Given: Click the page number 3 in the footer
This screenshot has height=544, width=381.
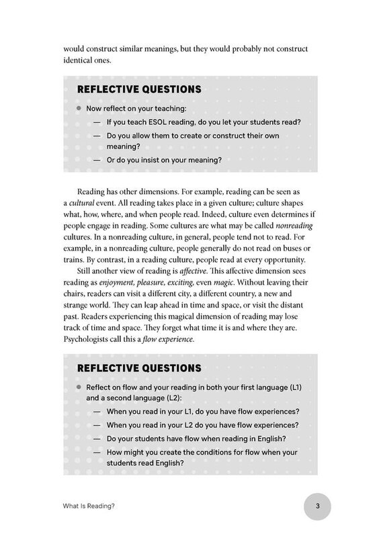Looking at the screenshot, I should pyautogui.click(x=321, y=506).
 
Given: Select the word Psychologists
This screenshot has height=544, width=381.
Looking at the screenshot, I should pyautogui.click(x=90, y=339).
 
